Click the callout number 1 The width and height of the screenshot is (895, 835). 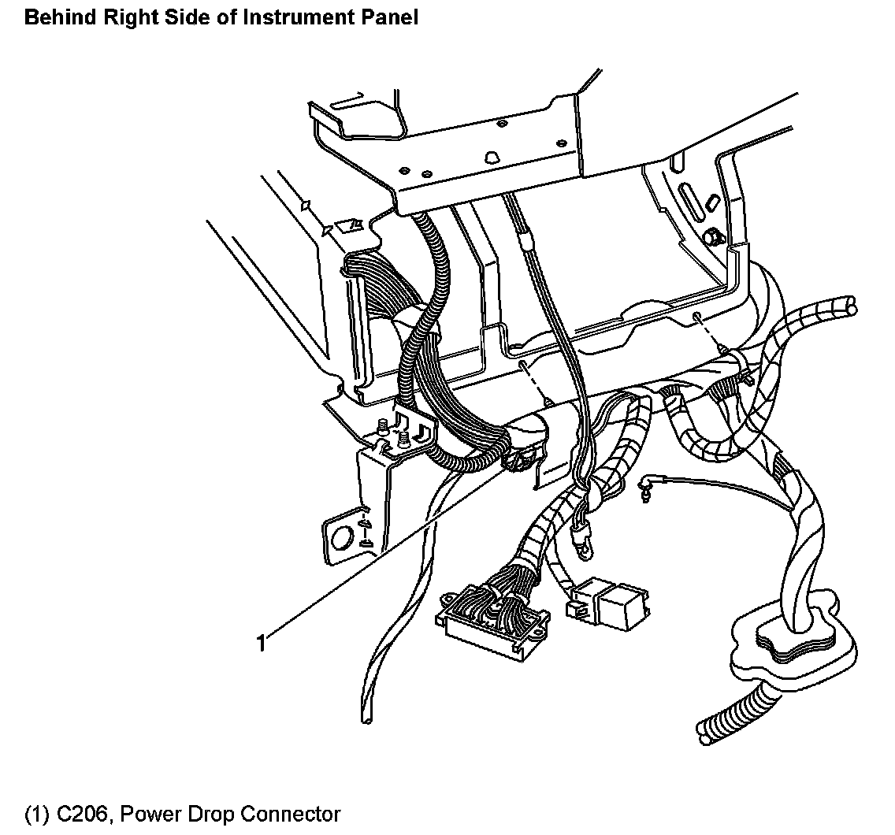pyautogui.click(x=261, y=643)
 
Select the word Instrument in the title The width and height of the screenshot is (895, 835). pyautogui.click(x=280, y=17)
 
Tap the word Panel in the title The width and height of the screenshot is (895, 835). pyautogui.click(x=387, y=17)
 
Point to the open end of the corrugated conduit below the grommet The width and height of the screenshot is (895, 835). pyautogui.click(x=704, y=729)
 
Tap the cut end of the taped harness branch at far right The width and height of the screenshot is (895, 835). pyautogui.click(x=849, y=305)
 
